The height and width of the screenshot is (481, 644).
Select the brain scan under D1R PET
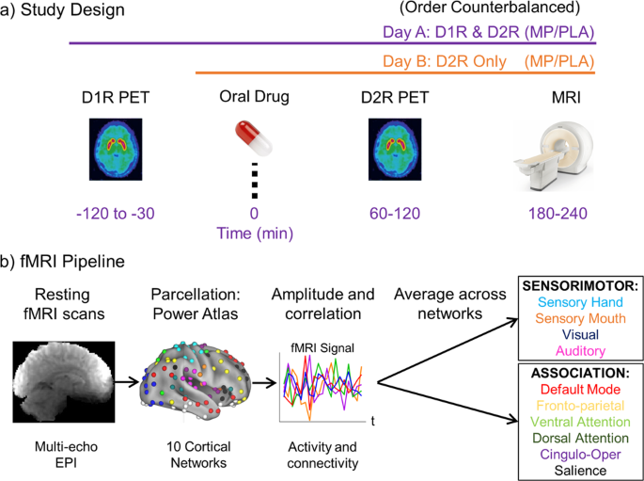pos(118,146)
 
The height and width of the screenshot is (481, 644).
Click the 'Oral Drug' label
pos(251,96)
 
